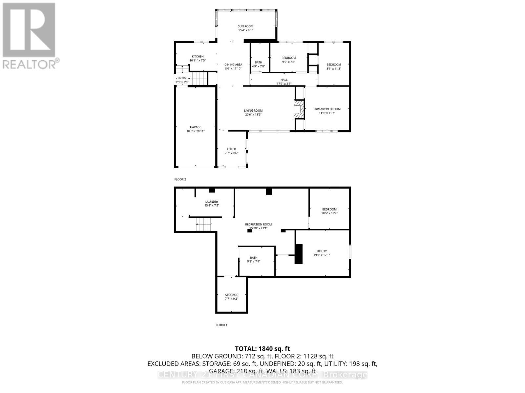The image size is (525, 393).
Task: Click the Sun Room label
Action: (x=245, y=26)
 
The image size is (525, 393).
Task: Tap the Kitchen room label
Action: (x=198, y=57)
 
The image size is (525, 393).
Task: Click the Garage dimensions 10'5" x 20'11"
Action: (x=196, y=131)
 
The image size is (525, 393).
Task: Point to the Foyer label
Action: (x=231, y=149)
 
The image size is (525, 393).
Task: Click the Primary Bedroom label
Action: (x=327, y=109)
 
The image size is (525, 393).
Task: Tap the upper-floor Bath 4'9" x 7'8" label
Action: (x=259, y=62)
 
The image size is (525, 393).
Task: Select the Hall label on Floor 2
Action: (x=284, y=80)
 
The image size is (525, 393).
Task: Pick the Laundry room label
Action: (x=212, y=202)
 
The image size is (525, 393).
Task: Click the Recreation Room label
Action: (x=258, y=224)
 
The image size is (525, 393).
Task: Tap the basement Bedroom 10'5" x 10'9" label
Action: (x=329, y=209)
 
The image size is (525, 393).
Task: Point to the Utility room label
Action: (x=322, y=251)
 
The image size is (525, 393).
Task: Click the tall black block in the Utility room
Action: (x=298, y=254)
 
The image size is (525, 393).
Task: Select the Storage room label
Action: (x=231, y=295)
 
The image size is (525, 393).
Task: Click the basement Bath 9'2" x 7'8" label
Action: (x=254, y=258)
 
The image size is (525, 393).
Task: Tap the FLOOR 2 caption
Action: (x=180, y=179)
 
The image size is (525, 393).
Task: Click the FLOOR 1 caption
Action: (x=221, y=325)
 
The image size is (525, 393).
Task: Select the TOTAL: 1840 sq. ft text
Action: (x=262, y=349)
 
